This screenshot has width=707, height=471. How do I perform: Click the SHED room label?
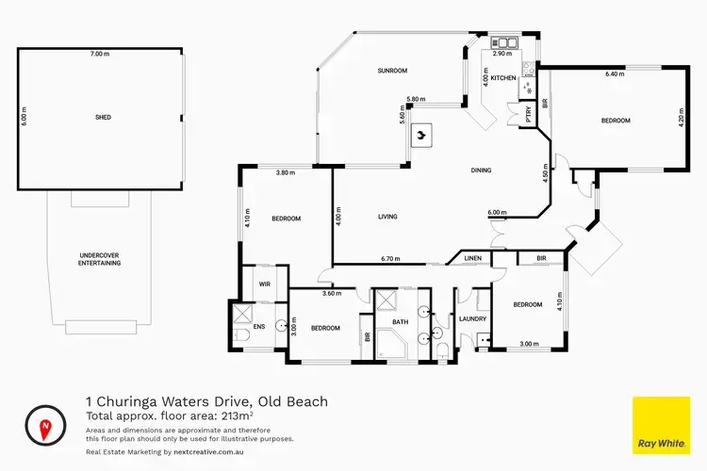[x=103, y=118]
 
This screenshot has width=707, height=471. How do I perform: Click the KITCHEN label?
[x=502, y=78]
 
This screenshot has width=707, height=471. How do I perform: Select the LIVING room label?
[x=387, y=217]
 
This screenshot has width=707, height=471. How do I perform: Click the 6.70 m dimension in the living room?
[x=392, y=259]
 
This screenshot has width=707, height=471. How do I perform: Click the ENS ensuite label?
[x=258, y=327]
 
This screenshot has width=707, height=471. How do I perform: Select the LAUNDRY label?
[x=472, y=318]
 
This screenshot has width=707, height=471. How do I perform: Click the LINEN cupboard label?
[x=473, y=257]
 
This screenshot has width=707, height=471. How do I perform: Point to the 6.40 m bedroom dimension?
[x=615, y=73]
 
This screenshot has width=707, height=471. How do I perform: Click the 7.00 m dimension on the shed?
[x=102, y=55]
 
